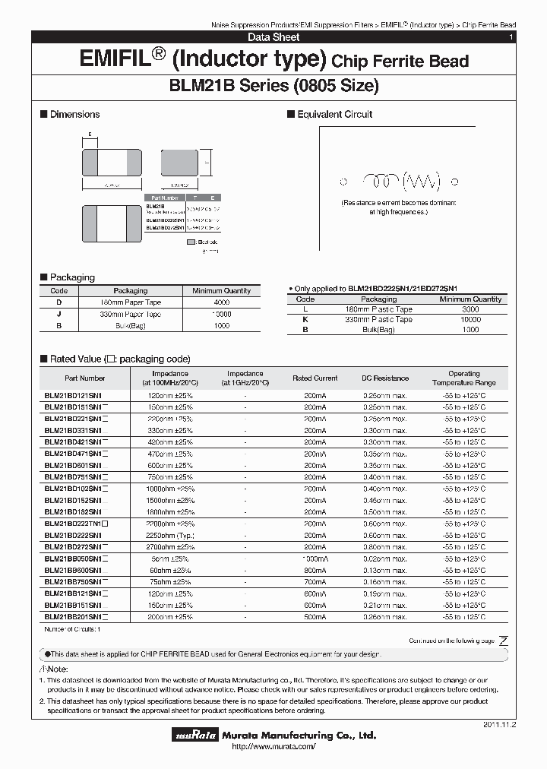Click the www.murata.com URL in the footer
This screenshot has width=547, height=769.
point(273,748)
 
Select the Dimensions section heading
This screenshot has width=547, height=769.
point(74,114)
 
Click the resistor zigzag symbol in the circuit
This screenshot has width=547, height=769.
point(421,182)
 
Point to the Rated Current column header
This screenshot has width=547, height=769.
point(315,378)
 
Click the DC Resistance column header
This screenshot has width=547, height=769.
point(385,378)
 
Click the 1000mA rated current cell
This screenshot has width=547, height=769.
point(315,558)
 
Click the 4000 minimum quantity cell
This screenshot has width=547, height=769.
point(221,302)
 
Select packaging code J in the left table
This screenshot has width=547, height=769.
point(58,314)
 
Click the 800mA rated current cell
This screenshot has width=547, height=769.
point(315,570)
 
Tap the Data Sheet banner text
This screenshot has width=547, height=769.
point(273,37)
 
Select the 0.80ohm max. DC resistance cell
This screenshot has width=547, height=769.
point(385,546)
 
